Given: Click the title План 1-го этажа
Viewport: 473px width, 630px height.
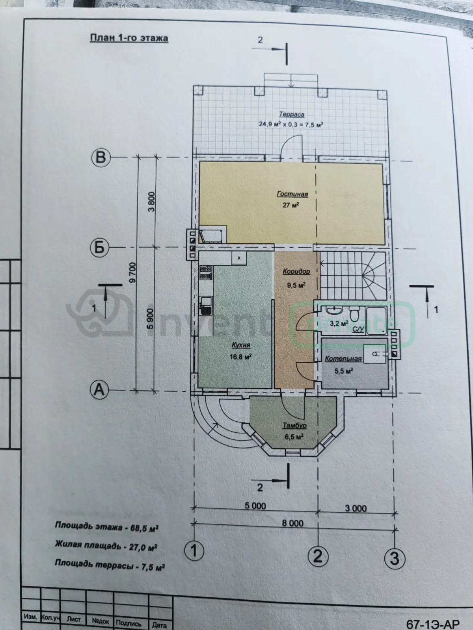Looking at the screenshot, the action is tap(129, 38).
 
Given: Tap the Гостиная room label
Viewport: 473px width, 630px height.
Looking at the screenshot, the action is tap(292, 194).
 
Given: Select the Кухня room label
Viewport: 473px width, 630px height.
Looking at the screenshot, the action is tap(241, 345).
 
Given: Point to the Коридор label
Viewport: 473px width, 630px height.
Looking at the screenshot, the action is tap(296, 271).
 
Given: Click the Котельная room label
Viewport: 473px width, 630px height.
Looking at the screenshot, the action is tap(343, 359).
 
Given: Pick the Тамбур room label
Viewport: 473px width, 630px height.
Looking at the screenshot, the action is tap(294, 425).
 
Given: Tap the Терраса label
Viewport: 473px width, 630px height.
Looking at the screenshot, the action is tap(292, 115).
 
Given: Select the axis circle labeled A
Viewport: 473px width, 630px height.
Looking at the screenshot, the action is tap(100, 390).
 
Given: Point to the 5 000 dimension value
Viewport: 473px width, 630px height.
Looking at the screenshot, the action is tap(255, 506).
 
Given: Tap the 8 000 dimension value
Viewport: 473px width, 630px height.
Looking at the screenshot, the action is tap(292, 523).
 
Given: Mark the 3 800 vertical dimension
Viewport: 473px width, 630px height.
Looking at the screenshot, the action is tap(151, 202).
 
